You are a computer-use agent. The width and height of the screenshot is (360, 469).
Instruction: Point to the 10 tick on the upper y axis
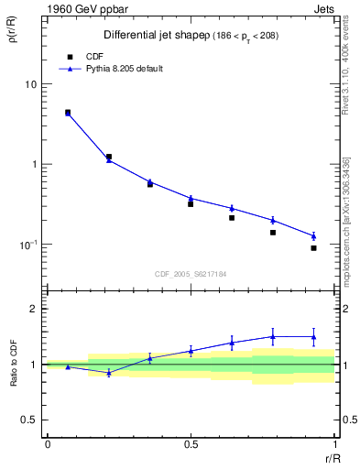[x=33, y=84]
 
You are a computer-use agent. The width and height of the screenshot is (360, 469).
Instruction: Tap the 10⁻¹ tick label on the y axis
[x=30, y=245]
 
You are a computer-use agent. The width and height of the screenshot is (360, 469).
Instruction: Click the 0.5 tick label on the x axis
[x=191, y=444]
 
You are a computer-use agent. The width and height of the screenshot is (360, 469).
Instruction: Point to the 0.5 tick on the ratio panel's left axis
[x=33, y=420]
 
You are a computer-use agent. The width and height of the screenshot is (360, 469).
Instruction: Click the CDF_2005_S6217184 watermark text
[x=191, y=273]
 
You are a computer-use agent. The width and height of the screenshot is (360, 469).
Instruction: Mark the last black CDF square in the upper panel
[x=313, y=248]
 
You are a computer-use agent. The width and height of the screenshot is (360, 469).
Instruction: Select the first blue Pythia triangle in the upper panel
[x=68, y=114]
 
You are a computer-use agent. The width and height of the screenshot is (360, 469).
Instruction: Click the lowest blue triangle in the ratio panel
[x=109, y=373]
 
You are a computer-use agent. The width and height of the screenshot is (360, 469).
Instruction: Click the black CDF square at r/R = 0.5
[x=191, y=203]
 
